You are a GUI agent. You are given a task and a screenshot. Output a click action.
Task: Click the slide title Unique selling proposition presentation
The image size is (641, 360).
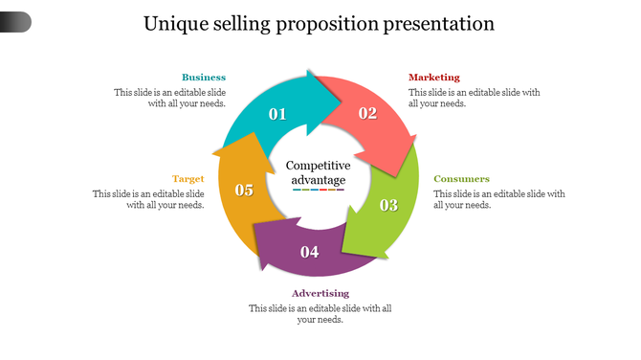(319, 24)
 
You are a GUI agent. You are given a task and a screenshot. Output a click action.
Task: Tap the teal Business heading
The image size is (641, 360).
(204, 78)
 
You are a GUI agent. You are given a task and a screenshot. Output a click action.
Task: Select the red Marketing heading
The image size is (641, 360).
(433, 78)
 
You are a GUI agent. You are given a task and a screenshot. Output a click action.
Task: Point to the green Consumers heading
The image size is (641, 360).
(461, 179)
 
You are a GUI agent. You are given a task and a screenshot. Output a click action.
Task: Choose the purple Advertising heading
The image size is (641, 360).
(320, 293)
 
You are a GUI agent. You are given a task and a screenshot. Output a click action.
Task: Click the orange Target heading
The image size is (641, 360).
(188, 179)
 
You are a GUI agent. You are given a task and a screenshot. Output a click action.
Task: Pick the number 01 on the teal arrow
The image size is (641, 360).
(277, 114)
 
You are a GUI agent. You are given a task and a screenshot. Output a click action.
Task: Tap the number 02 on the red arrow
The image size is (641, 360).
(367, 113)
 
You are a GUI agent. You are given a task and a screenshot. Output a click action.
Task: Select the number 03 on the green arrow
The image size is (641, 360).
(388, 205)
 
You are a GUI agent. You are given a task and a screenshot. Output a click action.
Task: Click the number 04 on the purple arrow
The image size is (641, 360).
(309, 253)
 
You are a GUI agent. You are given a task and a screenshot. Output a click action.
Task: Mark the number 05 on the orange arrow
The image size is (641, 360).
(244, 190)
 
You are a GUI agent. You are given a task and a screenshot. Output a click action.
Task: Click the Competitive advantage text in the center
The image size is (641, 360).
(319, 172)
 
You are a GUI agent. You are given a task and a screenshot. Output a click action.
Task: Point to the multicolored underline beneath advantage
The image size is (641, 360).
(319, 190)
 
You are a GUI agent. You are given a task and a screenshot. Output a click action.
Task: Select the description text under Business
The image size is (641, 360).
(170, 98)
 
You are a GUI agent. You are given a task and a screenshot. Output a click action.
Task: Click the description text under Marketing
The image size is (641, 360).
(474, 98)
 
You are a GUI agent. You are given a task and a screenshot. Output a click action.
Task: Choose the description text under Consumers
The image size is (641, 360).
(498, 199)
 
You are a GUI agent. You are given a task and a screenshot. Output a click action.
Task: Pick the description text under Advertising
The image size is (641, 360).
(320, 314)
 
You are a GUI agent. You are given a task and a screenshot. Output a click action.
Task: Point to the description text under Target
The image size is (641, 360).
(148, 199)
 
